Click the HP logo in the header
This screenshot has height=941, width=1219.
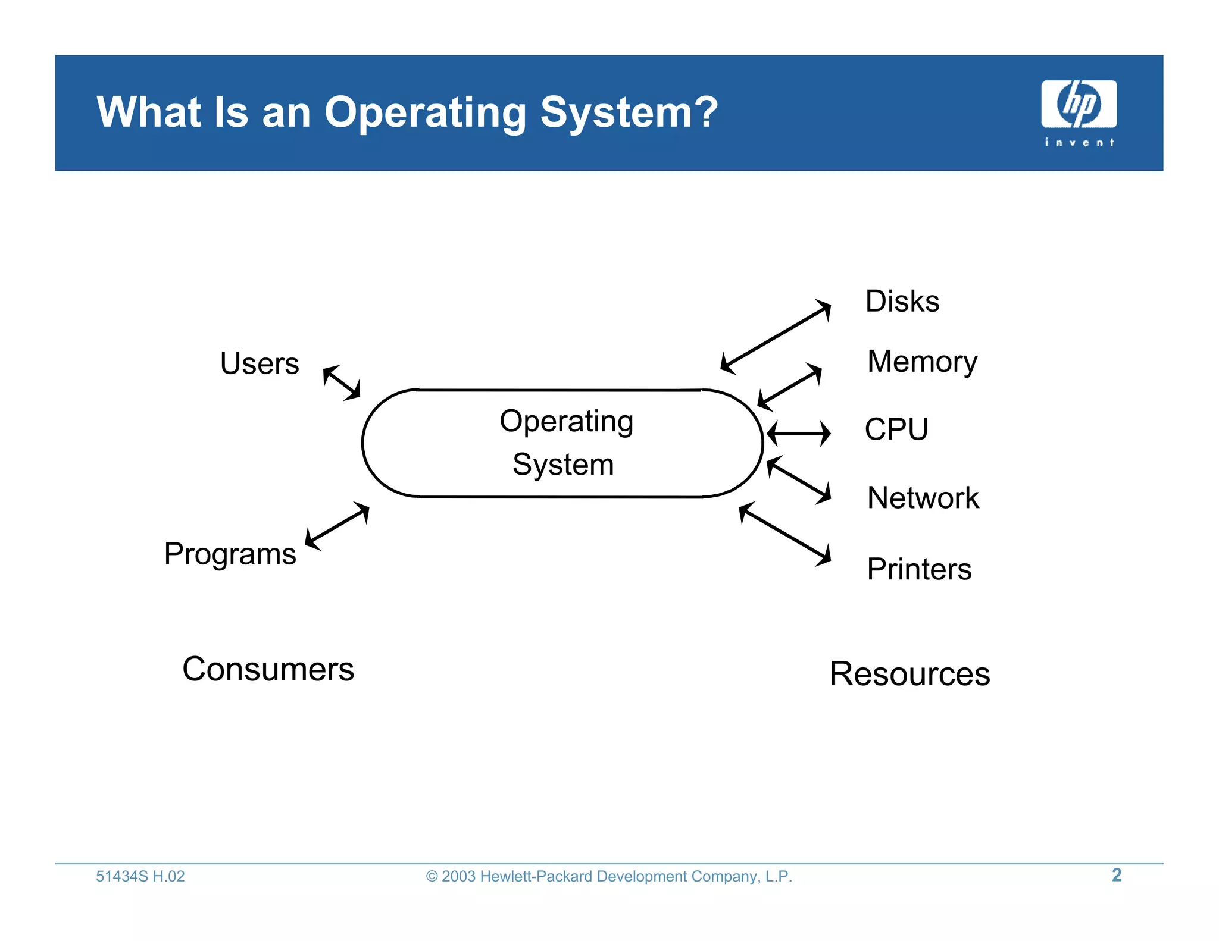[x=1079, y=105]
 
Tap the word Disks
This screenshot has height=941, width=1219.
[x=902, y=302]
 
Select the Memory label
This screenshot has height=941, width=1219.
[x=922, y=362]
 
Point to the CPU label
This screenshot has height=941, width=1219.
[x=896, y=429]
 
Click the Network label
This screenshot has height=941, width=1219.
[x=923, y=498]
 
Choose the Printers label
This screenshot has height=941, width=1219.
[x=919, y=569]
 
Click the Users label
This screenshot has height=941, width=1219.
[x=260, y=363]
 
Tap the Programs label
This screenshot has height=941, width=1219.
[x=230, y=554]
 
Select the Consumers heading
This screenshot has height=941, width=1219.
[x=268, y=669]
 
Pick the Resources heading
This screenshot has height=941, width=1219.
[x=909, y=674]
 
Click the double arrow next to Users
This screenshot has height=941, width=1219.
[x=342, y=382]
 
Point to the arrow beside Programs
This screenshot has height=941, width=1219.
[x=337, y=525]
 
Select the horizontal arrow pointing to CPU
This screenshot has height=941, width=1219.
[x=798, y=433]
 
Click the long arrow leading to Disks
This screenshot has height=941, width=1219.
[x=776, y=337]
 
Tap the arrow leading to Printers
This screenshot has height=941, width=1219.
[x=784, y=534]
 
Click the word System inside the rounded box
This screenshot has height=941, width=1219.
[x=563, y=465]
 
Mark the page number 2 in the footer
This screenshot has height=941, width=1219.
[x=1117, y=875]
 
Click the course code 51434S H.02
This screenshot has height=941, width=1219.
[x=140, y=876]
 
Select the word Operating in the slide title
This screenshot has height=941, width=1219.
[x=425, y=113]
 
